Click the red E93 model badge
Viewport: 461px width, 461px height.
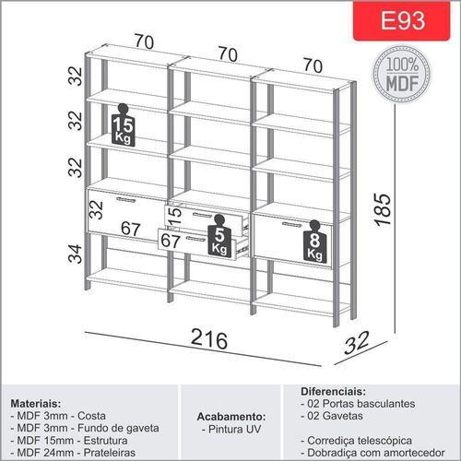click(x=402, y=20)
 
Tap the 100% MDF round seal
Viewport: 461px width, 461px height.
click(x=402, y=74)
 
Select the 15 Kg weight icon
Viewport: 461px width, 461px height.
click(x=123, y=125)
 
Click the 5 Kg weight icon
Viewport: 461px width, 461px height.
click(x=219, y=235)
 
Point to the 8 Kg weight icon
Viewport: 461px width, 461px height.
click(x=314, y=242)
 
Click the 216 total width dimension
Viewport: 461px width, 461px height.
click(x=209, y=339)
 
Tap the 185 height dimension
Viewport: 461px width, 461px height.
click(x=383, y=210)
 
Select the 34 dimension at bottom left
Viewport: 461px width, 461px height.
click(x=75, y=254)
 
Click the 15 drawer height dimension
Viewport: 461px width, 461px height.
click(x=175, y=216)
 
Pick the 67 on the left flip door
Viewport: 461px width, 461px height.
click(x=131, y=229)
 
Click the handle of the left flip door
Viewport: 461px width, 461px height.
click(x=126, y=200)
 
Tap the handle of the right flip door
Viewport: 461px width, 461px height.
click(x=292, y=225)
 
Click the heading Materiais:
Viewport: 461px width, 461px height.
click(x=36, y=403)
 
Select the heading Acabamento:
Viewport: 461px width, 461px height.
click(x=231, y=417)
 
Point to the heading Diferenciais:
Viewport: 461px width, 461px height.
click(x=334, y=392)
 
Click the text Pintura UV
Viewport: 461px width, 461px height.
click(x=234, y=429)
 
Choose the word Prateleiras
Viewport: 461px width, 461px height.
click(x=110, y=453)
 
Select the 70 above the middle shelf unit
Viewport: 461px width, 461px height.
click(x=228, y=54)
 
